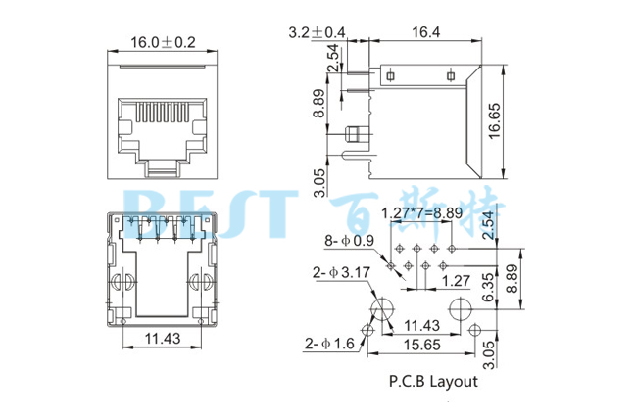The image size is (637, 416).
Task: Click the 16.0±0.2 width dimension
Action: (x=163, y=43)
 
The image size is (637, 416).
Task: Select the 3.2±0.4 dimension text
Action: (x=316, y=32)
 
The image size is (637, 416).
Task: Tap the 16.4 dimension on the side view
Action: (x=424, y=32)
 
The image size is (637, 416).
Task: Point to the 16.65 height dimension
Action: (x=495, y=122)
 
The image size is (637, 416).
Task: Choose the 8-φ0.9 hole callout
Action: (x=350, y=241)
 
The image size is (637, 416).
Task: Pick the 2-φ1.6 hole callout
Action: (x=329, y=344)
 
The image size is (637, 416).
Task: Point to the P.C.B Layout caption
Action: (x=433, y=381)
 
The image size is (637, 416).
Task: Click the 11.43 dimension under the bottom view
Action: (x=163, y=338)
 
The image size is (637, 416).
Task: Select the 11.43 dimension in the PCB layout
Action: (x=422, y=325)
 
